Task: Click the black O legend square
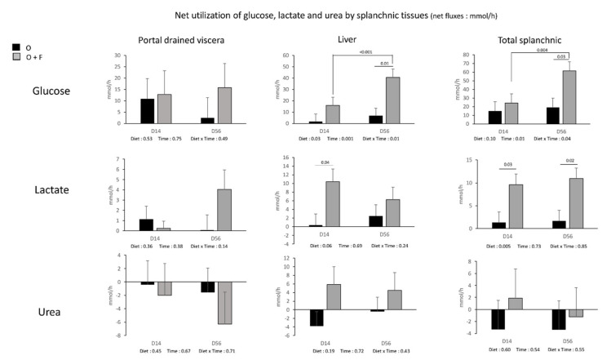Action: tap(17, 48)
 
